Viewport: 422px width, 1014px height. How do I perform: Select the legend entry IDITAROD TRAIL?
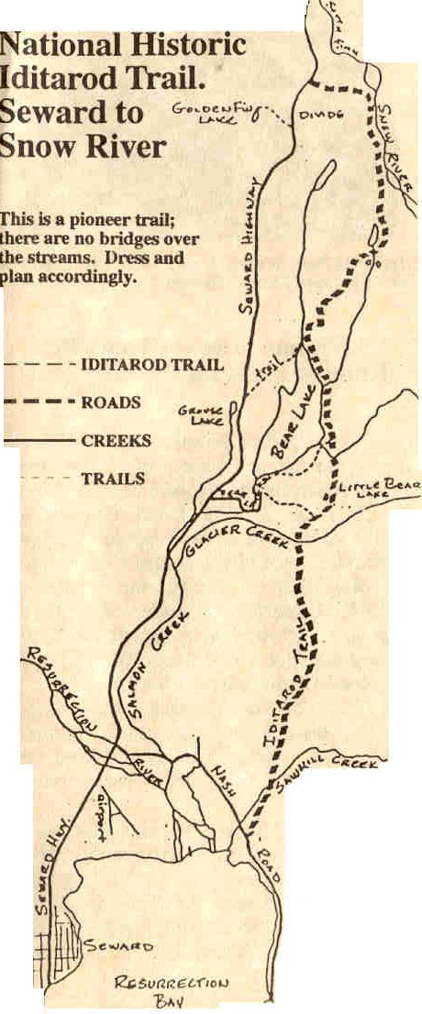[x=151, y=364]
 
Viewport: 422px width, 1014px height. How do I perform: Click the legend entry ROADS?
[x=110, y=402]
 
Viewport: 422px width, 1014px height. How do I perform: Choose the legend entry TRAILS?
[x=112, y=478]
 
